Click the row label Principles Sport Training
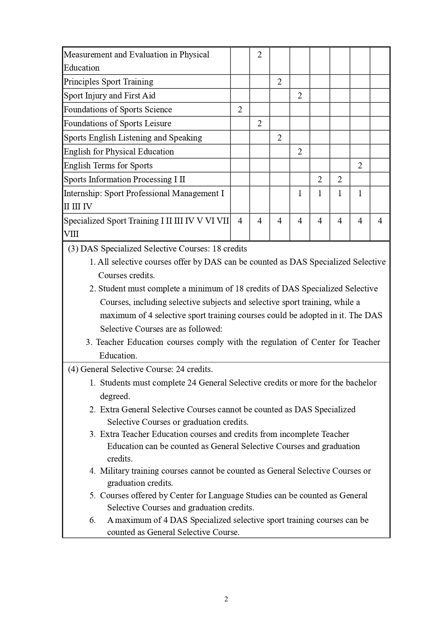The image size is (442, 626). tap(108, 82)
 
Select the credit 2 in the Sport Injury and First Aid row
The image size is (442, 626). tap(300, 96)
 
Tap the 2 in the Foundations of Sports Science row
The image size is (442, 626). tap(240, 110)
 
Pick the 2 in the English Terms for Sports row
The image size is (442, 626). tap(360, 166)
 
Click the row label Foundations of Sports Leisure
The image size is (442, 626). tap(117, 123)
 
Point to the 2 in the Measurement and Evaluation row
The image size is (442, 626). tap(259, 55)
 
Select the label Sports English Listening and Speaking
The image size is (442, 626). tap(132, 138)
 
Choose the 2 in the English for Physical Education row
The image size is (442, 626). tap(300, 152)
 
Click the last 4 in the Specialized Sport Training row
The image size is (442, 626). tap(380, 221)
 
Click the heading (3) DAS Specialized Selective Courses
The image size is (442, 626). tap(157, 249)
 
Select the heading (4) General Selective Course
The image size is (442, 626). tap(140, 369)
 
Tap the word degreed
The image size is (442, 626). tap(115, 396)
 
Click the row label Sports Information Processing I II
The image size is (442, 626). tap(124, 179)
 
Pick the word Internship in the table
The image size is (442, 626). tap(82, 193)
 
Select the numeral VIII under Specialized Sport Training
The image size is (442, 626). tap(71, 234)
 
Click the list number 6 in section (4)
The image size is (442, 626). tap(93, 520)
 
